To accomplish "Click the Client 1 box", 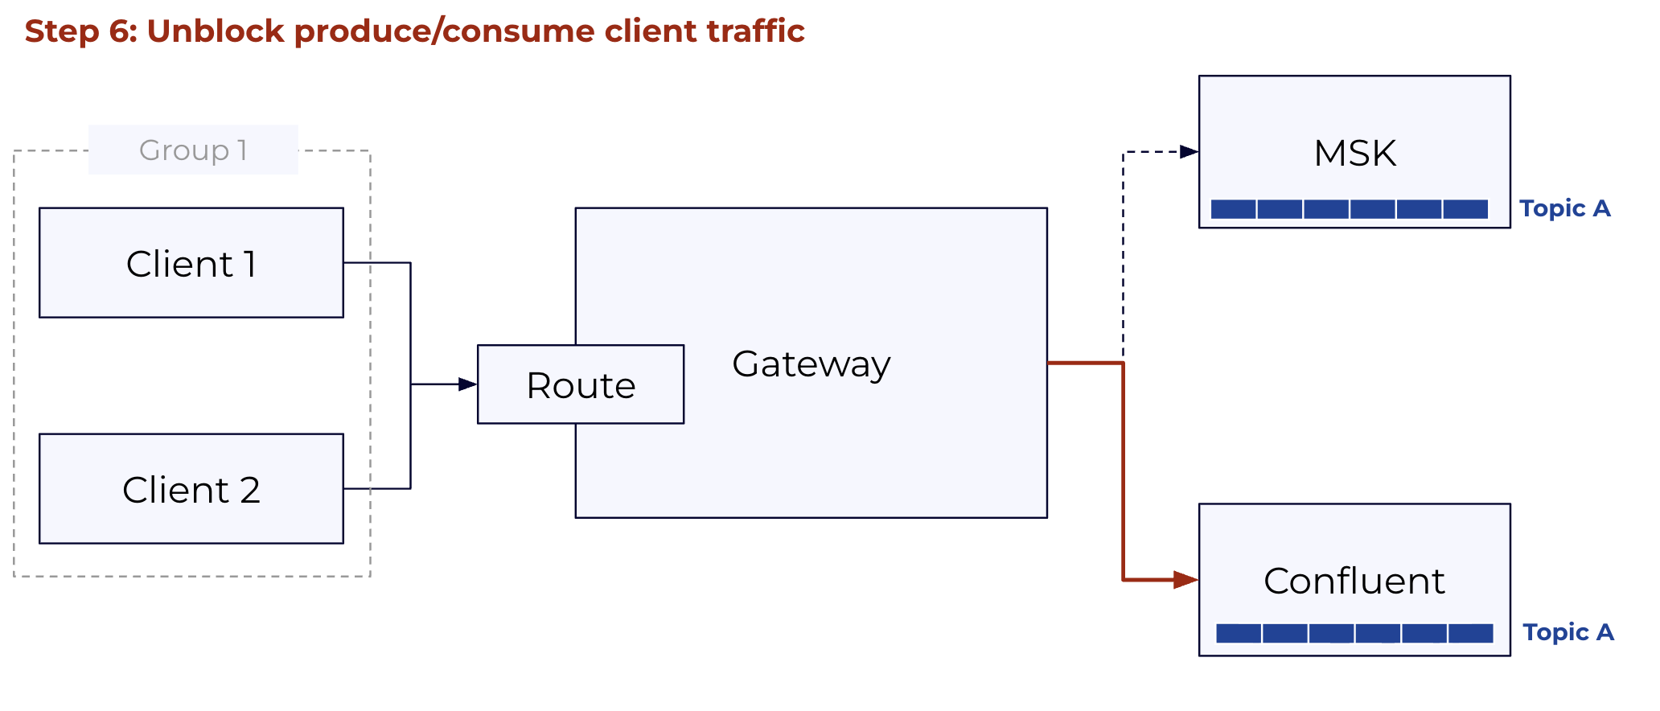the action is click(x=191, y=263).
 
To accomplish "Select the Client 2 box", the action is click(x=191, y=489).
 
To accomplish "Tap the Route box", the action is click(x=581, y=384).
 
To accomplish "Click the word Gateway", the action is click(x=812, y=364).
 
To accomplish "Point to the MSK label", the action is click(x=1355, y=153).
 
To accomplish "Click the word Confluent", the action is click(x=1354, y=581).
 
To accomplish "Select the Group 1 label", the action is click(x=193, y=150).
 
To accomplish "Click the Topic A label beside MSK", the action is click(x=1565, y=208).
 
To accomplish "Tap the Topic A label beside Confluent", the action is click(x=1568, y=632).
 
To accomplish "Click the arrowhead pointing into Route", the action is click(x=468, y=384).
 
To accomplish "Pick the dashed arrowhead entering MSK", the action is click(x=1190, y=151).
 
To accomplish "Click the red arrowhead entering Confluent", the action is click(x=1186, y=579).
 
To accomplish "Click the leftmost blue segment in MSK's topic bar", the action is click(x=1233, y=209).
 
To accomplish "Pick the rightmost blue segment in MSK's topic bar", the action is click(x=1465, y=209).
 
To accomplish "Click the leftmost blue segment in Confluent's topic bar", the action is click(x=1239, y=633).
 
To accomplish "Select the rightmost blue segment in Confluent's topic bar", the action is click(x=1471, y=633).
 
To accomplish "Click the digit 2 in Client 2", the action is click(x=250, y=490).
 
